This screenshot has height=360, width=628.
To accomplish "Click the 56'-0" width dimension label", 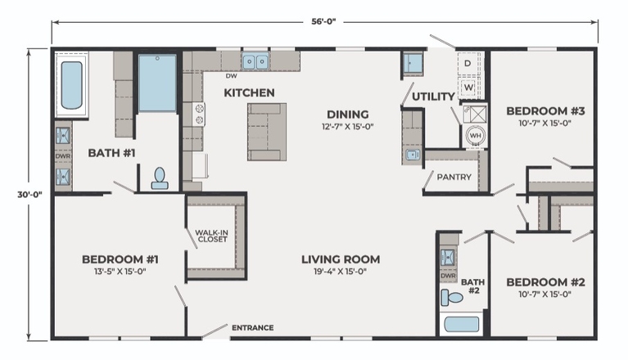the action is click(323, 21).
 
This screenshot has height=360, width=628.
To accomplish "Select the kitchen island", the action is click(267, 132).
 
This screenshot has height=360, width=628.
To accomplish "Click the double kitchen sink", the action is click(255, 61).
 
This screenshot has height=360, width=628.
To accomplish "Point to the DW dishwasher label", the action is click(231, 75).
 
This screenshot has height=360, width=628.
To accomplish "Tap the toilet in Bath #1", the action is click(160, 178).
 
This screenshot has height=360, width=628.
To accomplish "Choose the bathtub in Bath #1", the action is click(72, 85).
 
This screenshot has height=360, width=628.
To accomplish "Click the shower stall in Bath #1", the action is click(157, 83).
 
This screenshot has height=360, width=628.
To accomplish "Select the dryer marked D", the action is click(468, 64).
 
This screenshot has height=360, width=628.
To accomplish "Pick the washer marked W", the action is click(468, 88).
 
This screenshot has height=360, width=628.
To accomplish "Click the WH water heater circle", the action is click(476, 135).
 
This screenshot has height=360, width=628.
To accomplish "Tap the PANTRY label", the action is click(454, 177).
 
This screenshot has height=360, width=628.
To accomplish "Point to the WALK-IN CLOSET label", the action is click(212, 236).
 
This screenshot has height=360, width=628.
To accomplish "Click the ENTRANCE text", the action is click(253, 328).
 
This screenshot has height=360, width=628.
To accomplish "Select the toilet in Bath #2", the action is click(452, 298).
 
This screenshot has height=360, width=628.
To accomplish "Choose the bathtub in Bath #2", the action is click(462, 324).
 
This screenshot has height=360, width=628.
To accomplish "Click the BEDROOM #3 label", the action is click(545, 110).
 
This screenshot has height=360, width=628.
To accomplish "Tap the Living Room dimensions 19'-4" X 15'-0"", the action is click(341, 272).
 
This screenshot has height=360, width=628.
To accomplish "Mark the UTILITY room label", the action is click(433, 97).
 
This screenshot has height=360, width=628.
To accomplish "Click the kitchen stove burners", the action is click(199, 115).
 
